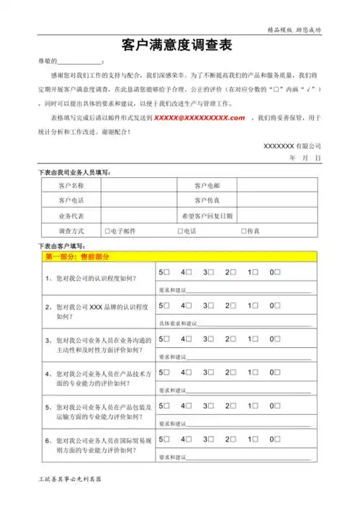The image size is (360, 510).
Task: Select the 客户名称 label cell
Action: pos(70,185)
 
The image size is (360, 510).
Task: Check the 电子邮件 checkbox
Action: pos(107,231)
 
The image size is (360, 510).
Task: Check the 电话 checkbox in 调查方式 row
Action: pos(180,231)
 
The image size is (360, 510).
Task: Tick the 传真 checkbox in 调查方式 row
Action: pos(243,231)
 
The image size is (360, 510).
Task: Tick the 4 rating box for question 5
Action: pos(189,406)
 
